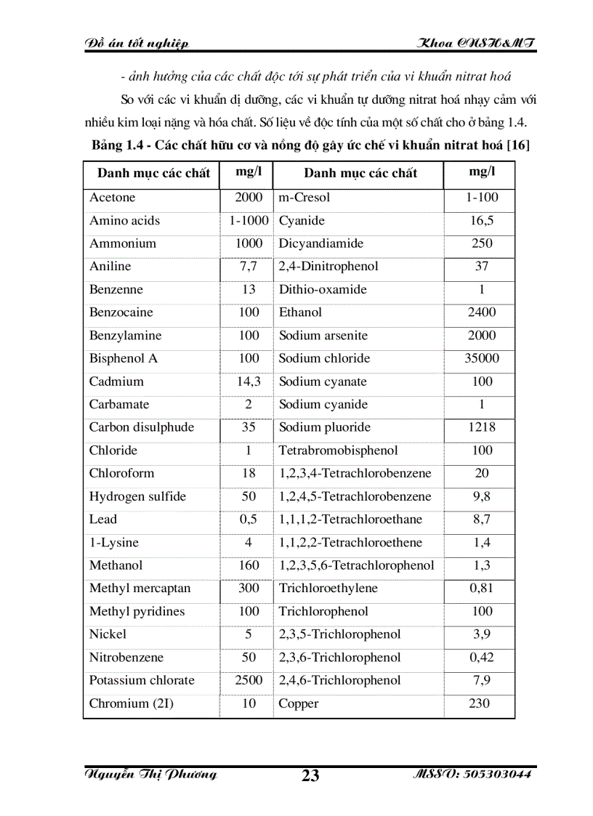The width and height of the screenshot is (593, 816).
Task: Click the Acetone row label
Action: coord(112,198)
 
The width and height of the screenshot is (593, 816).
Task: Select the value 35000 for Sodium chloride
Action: coord(482,358)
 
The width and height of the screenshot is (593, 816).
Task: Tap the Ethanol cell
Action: coord(300,312)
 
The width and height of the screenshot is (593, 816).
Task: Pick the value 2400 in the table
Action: coord(482,312)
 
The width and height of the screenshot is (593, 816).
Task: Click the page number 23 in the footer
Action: coord(310,776)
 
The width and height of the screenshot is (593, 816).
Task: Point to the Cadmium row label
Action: coord(116,381)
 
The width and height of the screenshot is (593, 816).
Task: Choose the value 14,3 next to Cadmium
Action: coord(249,381)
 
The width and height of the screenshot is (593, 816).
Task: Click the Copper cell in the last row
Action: coord(299,703)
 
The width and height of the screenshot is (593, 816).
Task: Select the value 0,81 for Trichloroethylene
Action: coord(482,589)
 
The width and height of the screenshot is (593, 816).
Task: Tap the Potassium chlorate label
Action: coord(142,681)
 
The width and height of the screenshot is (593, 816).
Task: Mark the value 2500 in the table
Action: coord(249,681)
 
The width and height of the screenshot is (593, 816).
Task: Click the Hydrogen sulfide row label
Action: coord(137,497)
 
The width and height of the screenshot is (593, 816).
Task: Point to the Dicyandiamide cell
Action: coord(321,243)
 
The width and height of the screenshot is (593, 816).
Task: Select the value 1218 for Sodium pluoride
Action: coord(482,427)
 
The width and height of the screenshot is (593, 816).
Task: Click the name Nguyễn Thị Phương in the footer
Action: coord(151,775)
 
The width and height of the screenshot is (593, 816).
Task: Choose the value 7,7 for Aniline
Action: coord(249,267)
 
